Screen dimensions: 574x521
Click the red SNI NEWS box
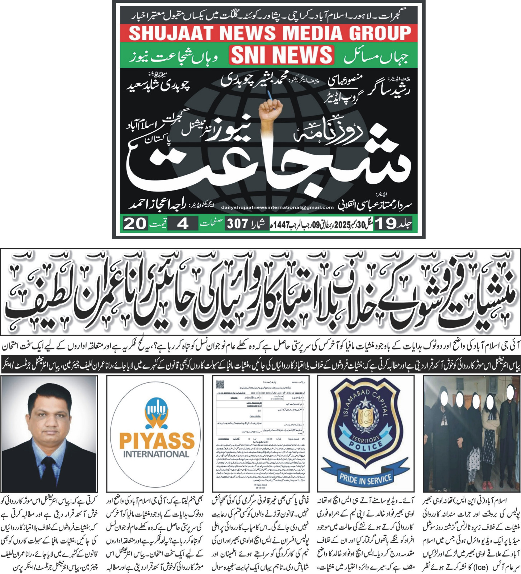pyautogui.click(x=282, y=55)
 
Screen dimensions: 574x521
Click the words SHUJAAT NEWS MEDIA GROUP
pyautogui.click(x=269, y=33)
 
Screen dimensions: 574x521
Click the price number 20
pyautogui.click(x=135, y=224)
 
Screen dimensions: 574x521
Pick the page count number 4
pyautogui.click(x=183, y=224)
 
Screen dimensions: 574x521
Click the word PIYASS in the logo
pyautogui.click(x=157, y=441)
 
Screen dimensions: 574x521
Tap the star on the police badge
pyautogui.click(x=365, y=402)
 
